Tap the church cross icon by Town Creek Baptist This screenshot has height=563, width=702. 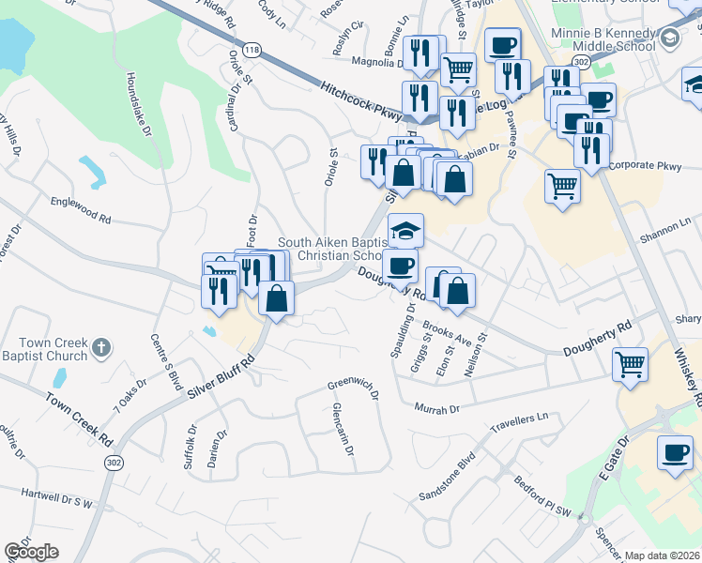click(x=102, y=349)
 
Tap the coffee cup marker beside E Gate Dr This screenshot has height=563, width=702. click(x=674, y=454)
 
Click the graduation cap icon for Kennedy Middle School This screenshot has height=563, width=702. click(x=670, y=38)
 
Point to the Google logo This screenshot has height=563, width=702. click(x=31, y=552)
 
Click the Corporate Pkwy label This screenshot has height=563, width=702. click(x=644, y=166)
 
